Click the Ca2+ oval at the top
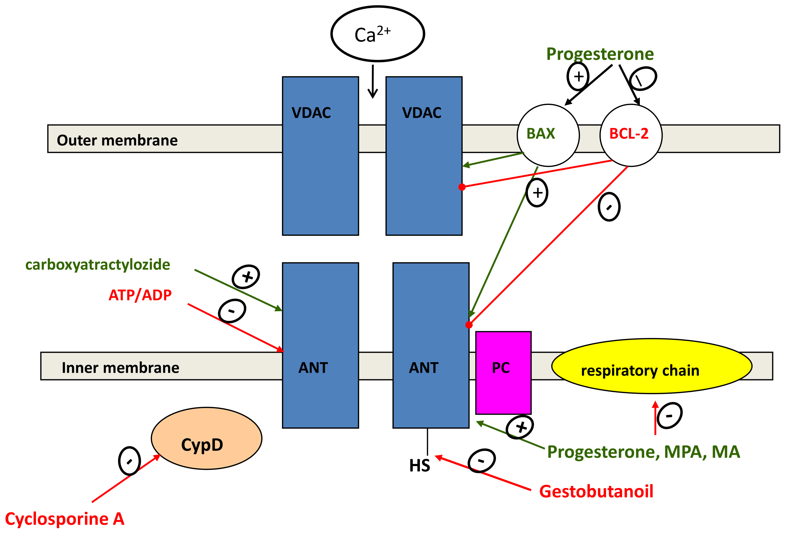tap(377, 34)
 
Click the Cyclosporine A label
tap(64, 519)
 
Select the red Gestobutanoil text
tap(596, 491)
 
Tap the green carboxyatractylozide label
tap(98, 264)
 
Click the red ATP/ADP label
tap(140, 295)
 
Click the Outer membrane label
tap(117, 140)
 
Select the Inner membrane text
tap(120, 368)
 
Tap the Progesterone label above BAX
tap(599, 53)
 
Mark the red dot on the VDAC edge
tap(462, 187)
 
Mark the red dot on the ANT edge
tap(469, 325)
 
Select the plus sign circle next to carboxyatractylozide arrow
tap(246, 276)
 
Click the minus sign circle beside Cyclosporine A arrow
tap(129, 461)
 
